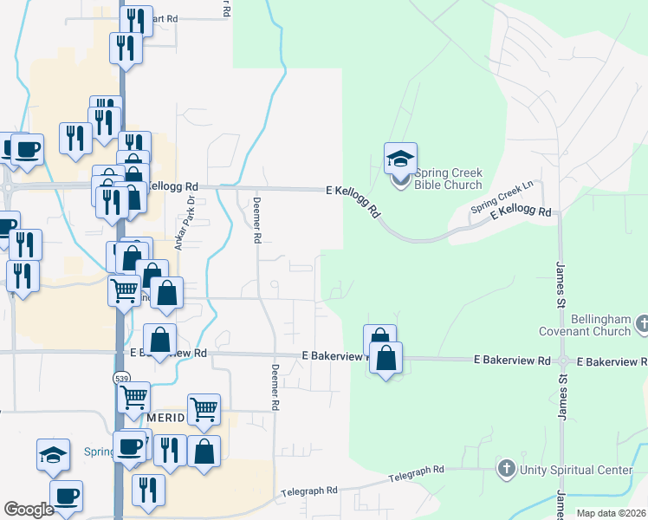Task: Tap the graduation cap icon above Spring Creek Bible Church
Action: point(400,159)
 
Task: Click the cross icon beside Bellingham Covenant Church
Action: point(641,325)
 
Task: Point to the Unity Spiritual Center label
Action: point(576,470)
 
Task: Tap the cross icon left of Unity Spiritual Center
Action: point(507,470)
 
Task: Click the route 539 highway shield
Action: point(120,378)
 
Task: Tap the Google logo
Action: point(29,510)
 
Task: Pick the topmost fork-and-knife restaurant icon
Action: point(136,20)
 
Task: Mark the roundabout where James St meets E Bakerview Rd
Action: point(563,361)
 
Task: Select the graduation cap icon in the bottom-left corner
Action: point(53,453)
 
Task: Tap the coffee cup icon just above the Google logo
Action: point(66,497)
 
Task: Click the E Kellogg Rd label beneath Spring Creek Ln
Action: point(521,212)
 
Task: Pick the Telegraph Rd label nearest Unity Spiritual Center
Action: point(416,470)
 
